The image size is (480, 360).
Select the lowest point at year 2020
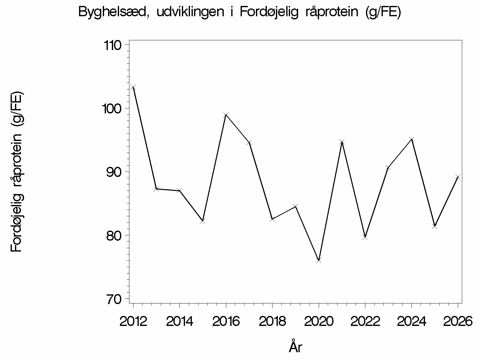319,260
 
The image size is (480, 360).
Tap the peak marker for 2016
226,115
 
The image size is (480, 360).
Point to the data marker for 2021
342,142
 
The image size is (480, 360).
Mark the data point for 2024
412,139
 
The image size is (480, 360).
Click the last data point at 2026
458,177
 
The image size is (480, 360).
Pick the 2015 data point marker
203,221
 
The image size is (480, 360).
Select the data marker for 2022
365,237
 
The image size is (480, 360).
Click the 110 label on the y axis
112,45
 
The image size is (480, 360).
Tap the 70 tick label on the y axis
114,299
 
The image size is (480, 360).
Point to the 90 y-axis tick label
114,172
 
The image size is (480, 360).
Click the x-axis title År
295,346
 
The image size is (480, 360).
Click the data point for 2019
296,206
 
